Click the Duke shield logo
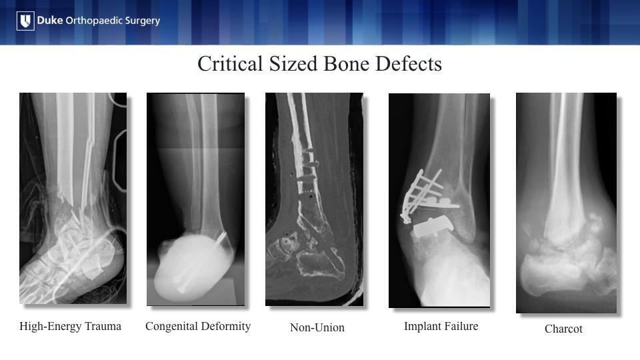point(25,21)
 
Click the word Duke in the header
point(50,20)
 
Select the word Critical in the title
point(230,64)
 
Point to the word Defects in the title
point(409,64)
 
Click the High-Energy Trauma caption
point(70,327)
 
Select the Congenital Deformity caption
point(198,327)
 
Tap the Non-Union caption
point(317,327)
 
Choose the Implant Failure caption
point(441,326)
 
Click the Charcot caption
point(563,329)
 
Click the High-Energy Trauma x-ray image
point(73,199)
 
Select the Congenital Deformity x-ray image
point(195,199)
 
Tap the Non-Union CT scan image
point(314,199)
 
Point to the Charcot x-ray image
point(566,203)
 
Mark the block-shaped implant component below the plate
point(433,227)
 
